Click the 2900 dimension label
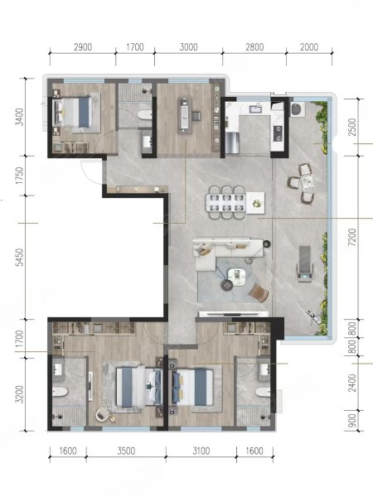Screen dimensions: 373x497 click(x=83, y=47)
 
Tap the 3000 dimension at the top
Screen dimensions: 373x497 click(x=189, y=47)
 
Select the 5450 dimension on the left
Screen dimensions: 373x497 click(x=20, y=257)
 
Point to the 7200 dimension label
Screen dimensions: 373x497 click(x=351, y=238)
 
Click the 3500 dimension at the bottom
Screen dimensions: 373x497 click(x=126, y=451)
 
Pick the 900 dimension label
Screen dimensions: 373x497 click(x=352, y=420)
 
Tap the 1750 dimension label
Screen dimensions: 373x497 click(x=20, y=176)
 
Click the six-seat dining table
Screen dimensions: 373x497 click(x=225, y=203)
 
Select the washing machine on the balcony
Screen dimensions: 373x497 click(x=298, y=109)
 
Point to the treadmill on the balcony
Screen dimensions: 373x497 click(x=304, y=263)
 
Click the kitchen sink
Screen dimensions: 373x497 click(x=255, y=109)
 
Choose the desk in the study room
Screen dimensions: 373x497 click(x=185, y=113)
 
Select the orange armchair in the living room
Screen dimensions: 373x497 click(x=259, y=292)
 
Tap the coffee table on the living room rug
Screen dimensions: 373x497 click(x=237, y=277)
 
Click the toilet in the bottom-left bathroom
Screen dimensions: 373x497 click(x=60, y=392)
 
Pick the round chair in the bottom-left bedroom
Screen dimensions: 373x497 click(x=103, y=414)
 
